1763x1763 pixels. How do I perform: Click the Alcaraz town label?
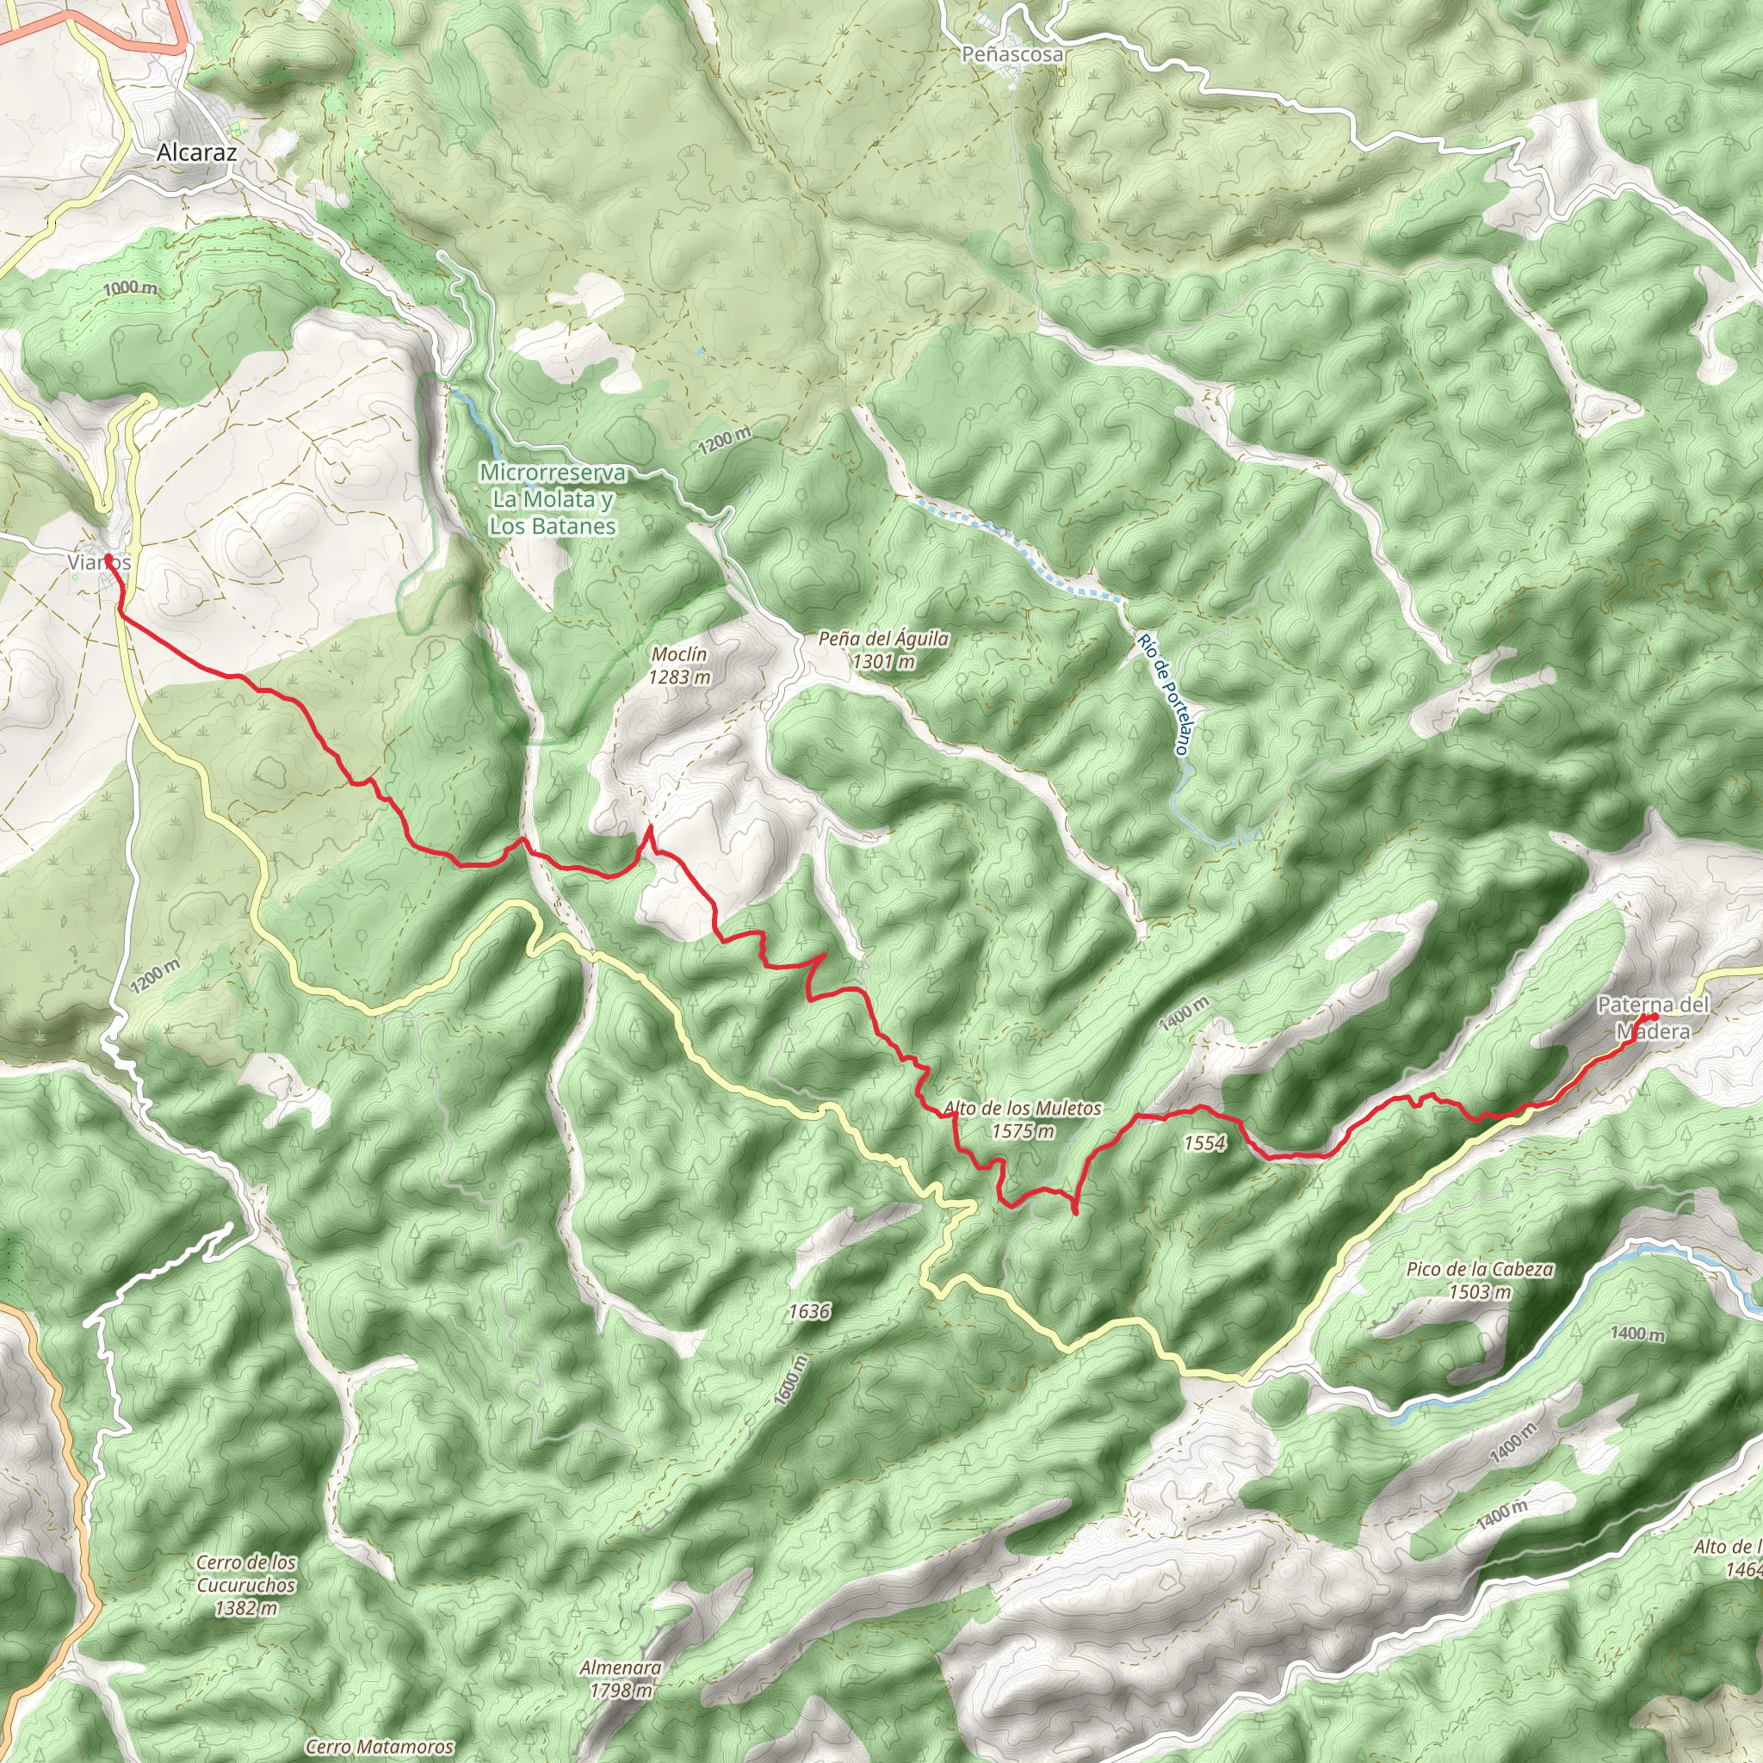[x=196, y=152]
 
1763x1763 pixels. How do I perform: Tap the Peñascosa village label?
[x=1013, y=55]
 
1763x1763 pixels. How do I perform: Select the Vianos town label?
[x=98, y=563]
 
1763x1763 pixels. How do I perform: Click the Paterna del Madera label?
[x=1653, y=1018]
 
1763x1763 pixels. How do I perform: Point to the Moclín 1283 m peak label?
[x=679, y=665]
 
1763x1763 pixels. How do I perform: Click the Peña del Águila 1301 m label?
[x=882, y=650]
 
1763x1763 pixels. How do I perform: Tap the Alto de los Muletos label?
[x=1022, y=1119]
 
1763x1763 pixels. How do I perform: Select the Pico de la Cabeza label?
[x=1479, y=1279]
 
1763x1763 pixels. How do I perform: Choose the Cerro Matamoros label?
[x=379, y=1747]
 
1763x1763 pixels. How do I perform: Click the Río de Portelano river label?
[x=1164, y=694]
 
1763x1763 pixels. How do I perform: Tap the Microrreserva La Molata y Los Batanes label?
[x=553, y=499]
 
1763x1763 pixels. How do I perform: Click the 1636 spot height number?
[x=808, y=1311]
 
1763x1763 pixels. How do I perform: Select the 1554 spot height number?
[x=1203, y=1142]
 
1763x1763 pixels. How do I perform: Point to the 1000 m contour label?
[x=130, y=288]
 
